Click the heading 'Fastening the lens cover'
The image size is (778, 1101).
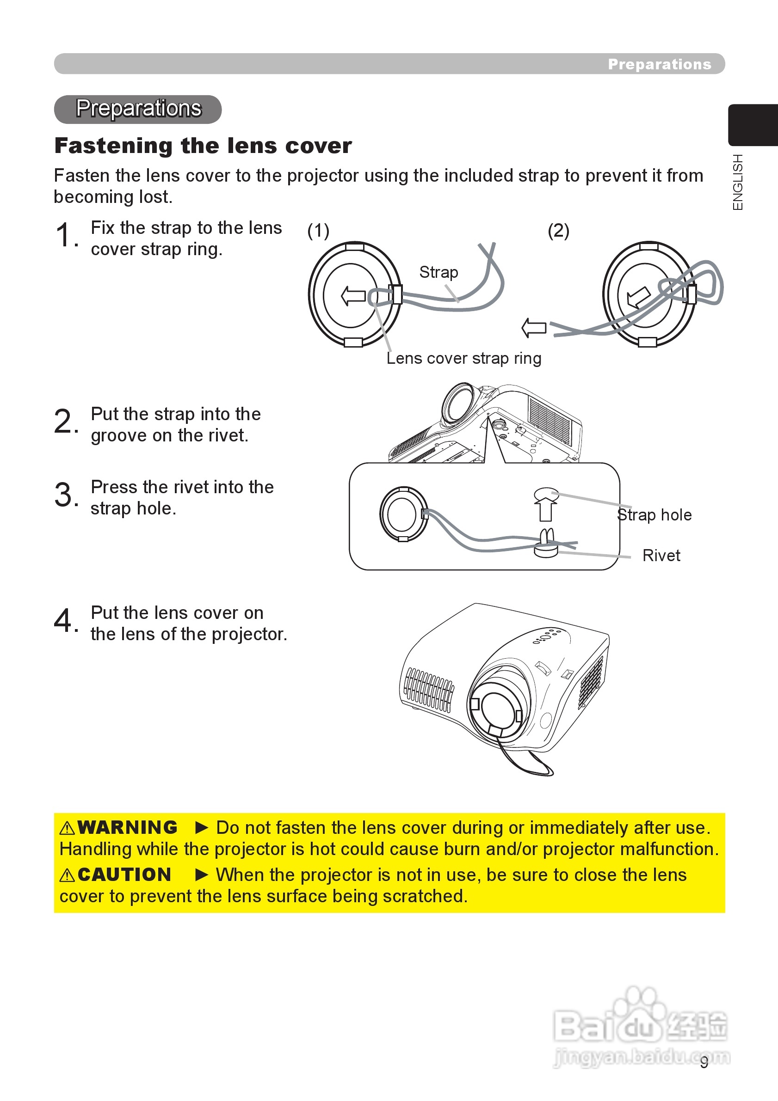203,146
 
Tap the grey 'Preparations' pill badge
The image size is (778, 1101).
138,109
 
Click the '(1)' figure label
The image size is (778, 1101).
318,231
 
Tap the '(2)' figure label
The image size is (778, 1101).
559,231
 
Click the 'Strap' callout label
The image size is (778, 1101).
438,272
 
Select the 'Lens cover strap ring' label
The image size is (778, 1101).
464,358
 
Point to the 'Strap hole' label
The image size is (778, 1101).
655,514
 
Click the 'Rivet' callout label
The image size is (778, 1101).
661,555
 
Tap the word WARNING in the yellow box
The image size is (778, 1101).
127,827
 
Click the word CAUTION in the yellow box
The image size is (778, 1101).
124,874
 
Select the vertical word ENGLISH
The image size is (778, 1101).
738,182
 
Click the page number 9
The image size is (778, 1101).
704,1062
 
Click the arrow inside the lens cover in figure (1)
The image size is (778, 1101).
353,296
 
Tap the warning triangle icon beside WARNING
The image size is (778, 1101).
67,828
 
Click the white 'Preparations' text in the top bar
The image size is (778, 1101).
660,64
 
